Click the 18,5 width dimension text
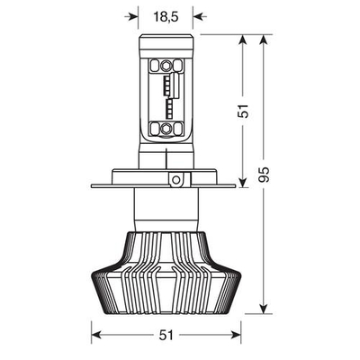click(166, 15)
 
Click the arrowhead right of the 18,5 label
click(199, 15)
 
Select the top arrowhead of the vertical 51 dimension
click(244, 40)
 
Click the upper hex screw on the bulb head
click(166, 66)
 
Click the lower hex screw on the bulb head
click(166, 129)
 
